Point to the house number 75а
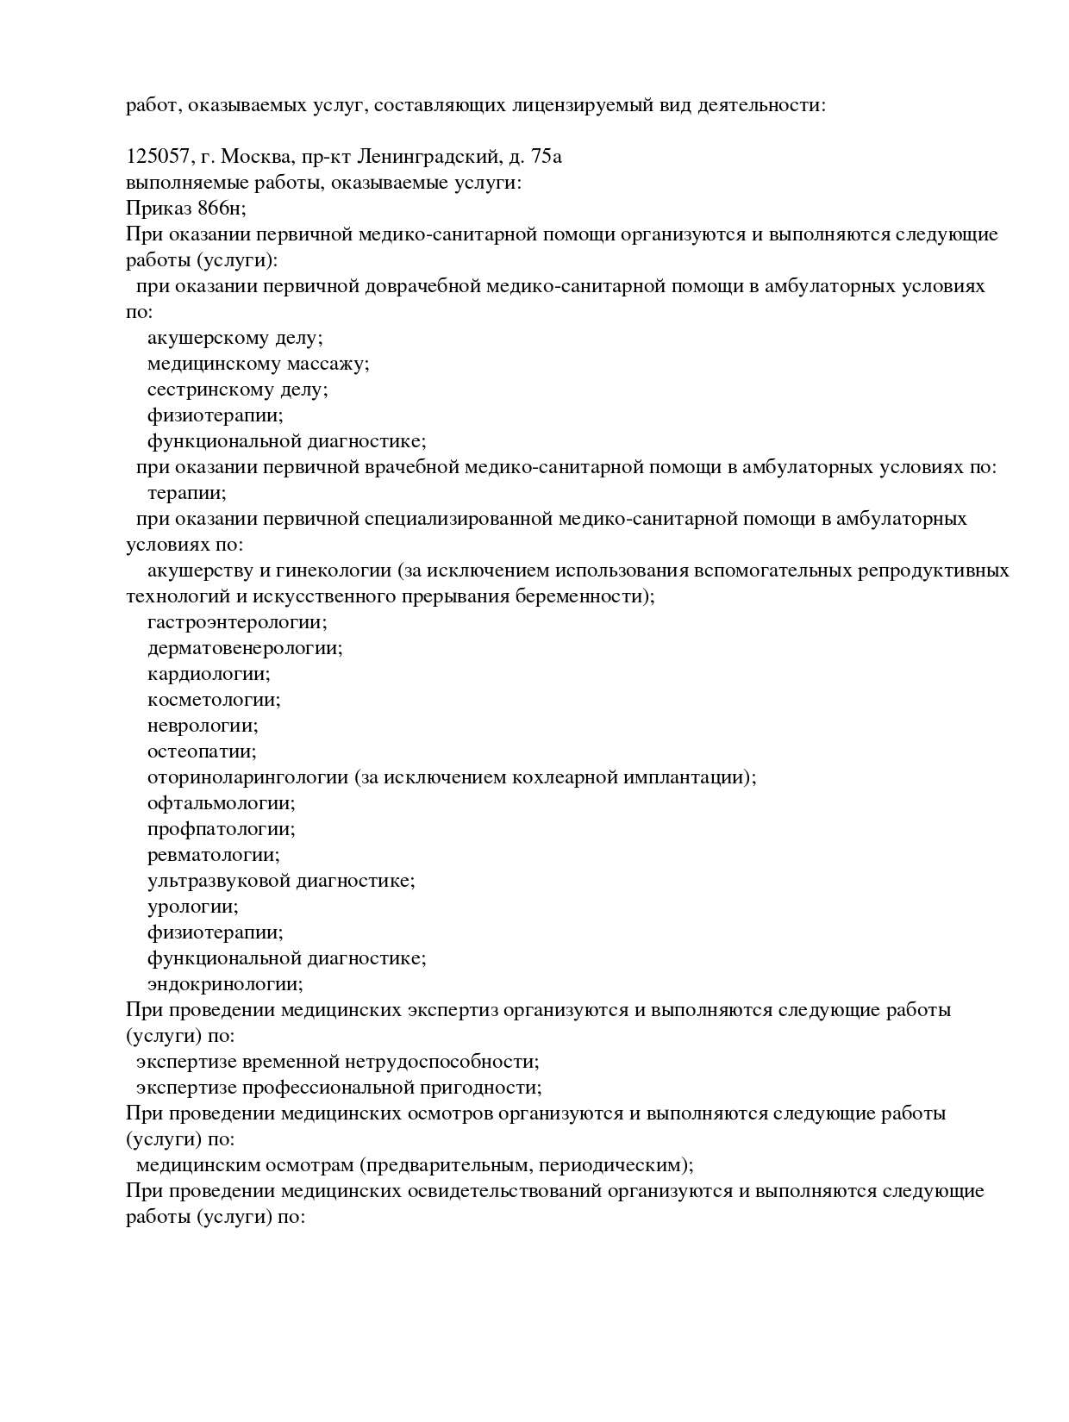pos(546,157)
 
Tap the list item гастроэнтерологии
pos(237,622)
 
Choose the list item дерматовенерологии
pos(245,648)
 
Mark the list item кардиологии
pos(209,674)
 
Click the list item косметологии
pos(214,700)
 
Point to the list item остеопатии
pos(202,752)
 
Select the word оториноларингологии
pos(248,777)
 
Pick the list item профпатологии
pos(221,829)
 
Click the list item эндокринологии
pos(225,984)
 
